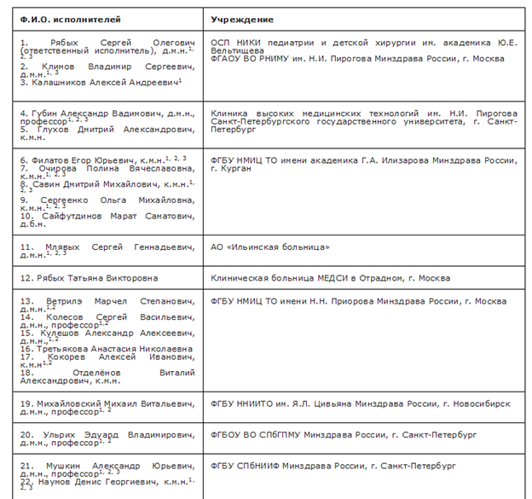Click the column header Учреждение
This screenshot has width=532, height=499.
242,19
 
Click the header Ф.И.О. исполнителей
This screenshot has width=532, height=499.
59,19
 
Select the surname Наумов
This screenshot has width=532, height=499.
49,482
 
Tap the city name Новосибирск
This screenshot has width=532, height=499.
479,403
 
